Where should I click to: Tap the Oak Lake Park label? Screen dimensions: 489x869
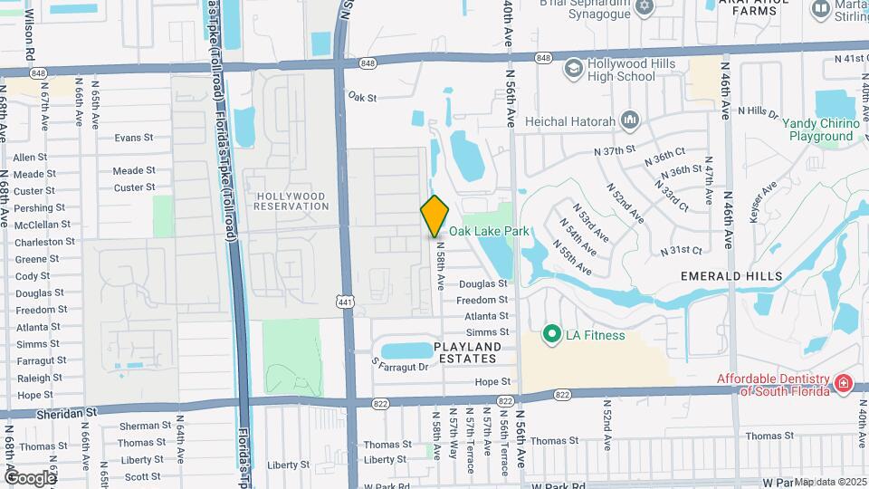(489, 232)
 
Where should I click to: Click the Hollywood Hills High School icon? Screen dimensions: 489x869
(572, 70)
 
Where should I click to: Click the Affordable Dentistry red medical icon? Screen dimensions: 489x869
(844, 384)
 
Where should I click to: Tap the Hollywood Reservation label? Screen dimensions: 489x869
(292, 201)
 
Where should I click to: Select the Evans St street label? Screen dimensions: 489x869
(134, 139)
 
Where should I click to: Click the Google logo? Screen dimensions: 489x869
(30, 477)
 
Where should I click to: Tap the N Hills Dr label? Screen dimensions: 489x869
(758, 112)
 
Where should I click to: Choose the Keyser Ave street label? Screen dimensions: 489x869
(759, 203)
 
